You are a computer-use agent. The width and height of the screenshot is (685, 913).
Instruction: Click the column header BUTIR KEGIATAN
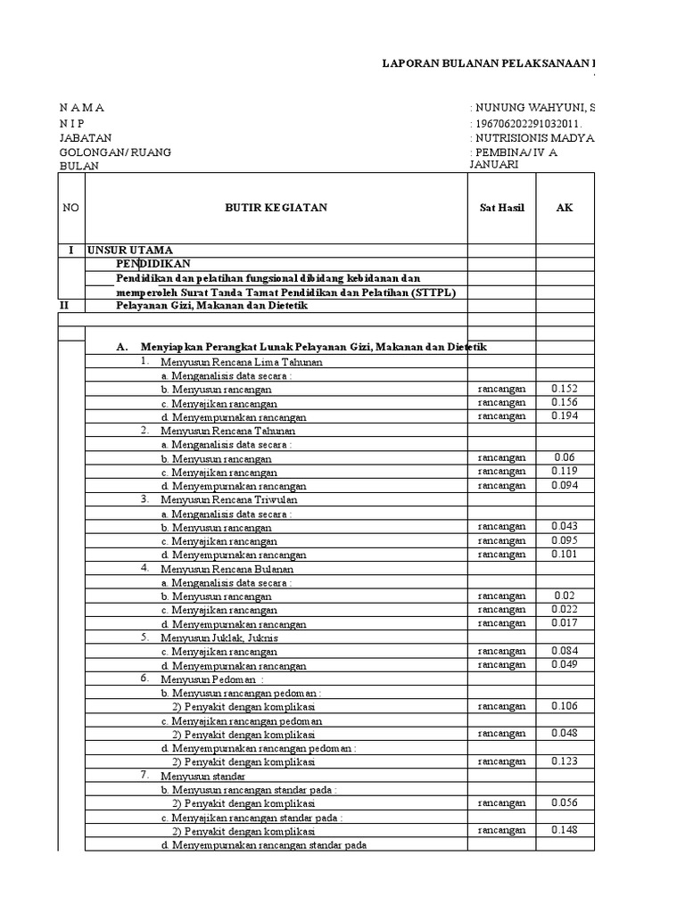click(276, 208)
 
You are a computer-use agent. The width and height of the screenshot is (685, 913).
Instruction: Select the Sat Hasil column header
click(501, 208)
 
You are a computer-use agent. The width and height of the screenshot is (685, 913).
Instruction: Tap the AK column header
click(565, 208)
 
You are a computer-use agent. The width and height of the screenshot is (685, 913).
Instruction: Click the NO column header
click(70, 208)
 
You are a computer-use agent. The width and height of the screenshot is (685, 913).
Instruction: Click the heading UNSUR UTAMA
click(130, 251)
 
